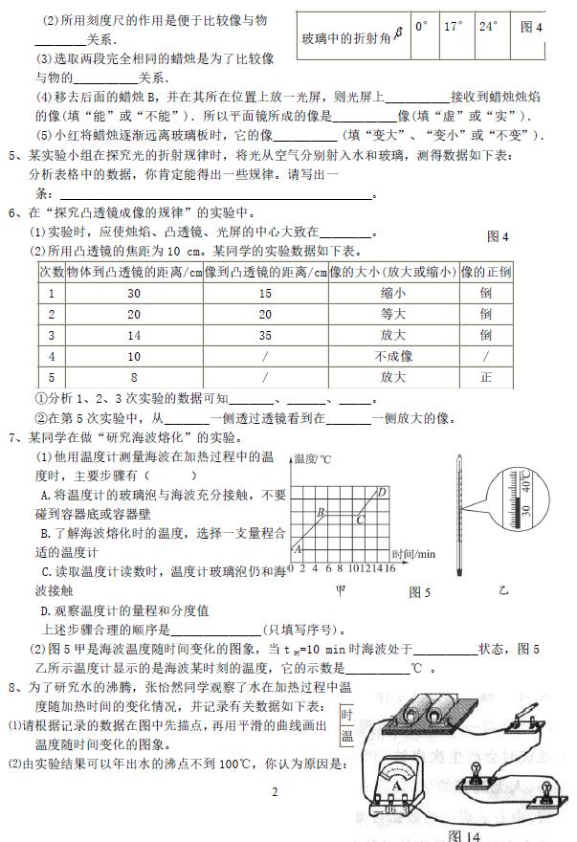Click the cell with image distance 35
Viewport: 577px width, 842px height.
click(264, 335)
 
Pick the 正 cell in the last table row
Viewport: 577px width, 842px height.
click(486, 377)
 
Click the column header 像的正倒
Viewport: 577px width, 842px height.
click(486, 272)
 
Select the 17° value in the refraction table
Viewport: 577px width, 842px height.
click(454, 27)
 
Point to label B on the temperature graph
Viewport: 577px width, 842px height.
click(322, 513)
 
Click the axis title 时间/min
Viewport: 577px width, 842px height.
click(413, 553)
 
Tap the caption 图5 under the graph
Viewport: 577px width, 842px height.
click(419, 593)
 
